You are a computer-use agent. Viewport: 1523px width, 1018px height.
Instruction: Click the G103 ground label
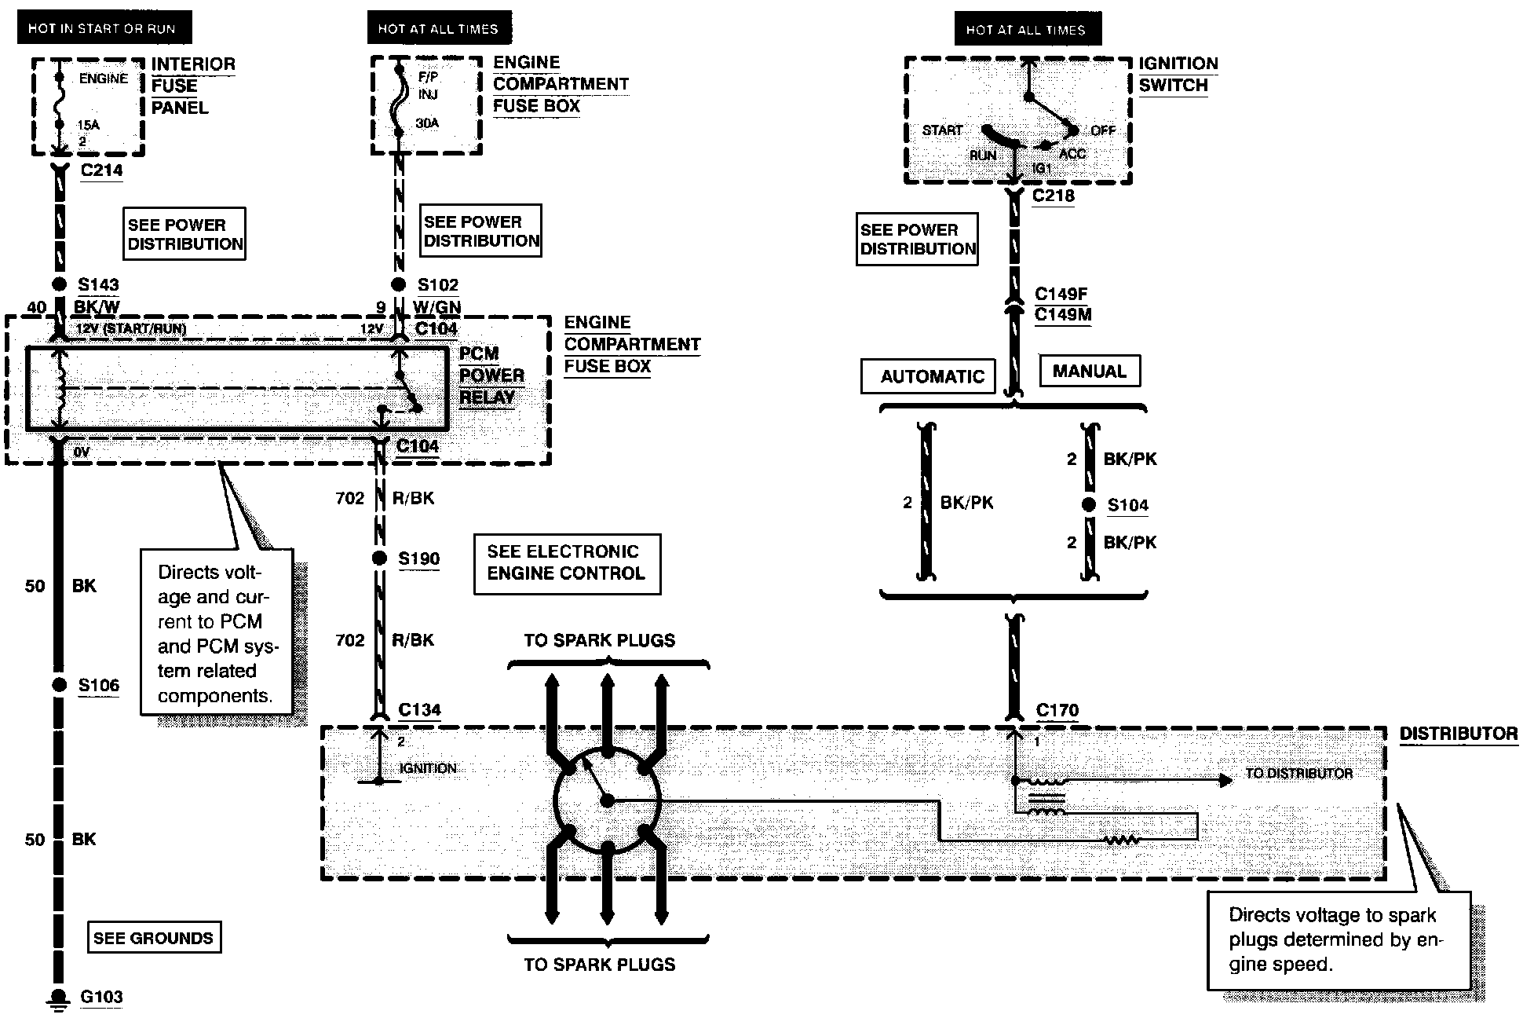point(102,997)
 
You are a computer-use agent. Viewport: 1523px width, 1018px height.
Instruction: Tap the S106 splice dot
point(60,685)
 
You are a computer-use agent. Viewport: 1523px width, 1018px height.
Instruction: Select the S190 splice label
point(418,558)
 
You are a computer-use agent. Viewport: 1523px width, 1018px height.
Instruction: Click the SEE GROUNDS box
point(153,937)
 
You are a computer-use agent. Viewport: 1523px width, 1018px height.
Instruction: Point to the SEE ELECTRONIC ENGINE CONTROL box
point(567,563)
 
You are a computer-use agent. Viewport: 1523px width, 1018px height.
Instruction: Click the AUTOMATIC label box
point(929,376)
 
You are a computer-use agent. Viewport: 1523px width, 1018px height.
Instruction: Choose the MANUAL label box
point(1090,372)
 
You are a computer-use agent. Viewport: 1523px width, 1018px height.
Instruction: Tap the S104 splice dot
point(1089,505)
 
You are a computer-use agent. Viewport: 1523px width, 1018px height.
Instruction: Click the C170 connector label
point(1057,710)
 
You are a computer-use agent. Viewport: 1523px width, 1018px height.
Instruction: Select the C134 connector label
point(419,710)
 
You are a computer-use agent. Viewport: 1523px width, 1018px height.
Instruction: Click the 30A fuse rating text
point(427,123)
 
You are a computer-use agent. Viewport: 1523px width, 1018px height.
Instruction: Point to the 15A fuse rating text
point(88,125)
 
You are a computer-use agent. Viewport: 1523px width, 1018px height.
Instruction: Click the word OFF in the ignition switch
point(1103,130)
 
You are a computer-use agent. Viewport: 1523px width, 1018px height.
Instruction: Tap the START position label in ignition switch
point(942,130)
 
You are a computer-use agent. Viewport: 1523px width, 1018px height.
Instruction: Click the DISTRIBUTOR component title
point(1459,734)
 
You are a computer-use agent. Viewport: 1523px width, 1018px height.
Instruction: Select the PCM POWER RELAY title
point(491,375)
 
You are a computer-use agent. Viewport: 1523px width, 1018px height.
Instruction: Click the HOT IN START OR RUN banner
point(103,29)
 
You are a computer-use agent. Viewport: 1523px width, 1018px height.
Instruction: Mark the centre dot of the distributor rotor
point(607,800)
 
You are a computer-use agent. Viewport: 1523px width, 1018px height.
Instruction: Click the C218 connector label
point(1053,196)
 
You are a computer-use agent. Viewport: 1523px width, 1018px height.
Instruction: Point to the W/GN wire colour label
point(437,307)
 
